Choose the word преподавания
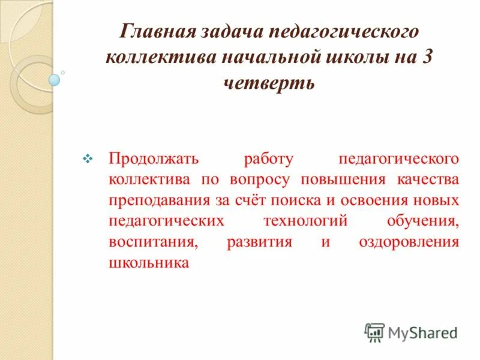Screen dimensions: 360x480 pyautogui.click(x=158, y=200)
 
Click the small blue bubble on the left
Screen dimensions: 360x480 pyautogui.click(x=55, y=80)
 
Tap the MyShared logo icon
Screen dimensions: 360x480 pyautogui.click(x=374, y=332)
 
